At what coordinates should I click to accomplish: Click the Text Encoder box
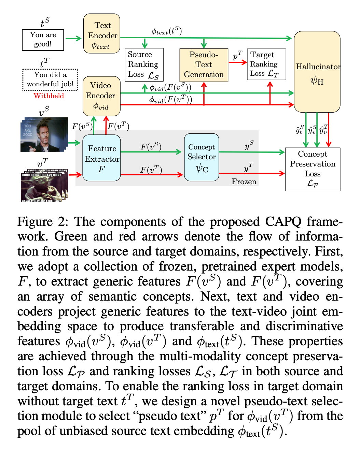point(101,33)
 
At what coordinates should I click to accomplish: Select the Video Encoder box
point(101,96)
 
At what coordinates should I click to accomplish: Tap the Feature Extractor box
point(101,158)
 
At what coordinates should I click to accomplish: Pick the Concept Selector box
point(202,157)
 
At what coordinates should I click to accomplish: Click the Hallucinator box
point(317,72)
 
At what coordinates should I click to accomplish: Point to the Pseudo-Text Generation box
point(204,65)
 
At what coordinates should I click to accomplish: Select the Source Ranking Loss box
point(144,64)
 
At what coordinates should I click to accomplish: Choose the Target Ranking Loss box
point(266,64)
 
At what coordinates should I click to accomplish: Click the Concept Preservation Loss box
point(313,169)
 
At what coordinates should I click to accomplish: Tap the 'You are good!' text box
point(43,40)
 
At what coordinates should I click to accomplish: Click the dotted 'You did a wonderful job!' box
point(50,79)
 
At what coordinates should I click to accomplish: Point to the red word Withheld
point(49,96)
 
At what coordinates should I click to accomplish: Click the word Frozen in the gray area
point(244,182)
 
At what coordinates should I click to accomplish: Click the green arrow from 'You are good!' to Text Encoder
point(73,39)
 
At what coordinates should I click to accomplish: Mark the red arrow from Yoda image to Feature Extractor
point(75,175)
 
